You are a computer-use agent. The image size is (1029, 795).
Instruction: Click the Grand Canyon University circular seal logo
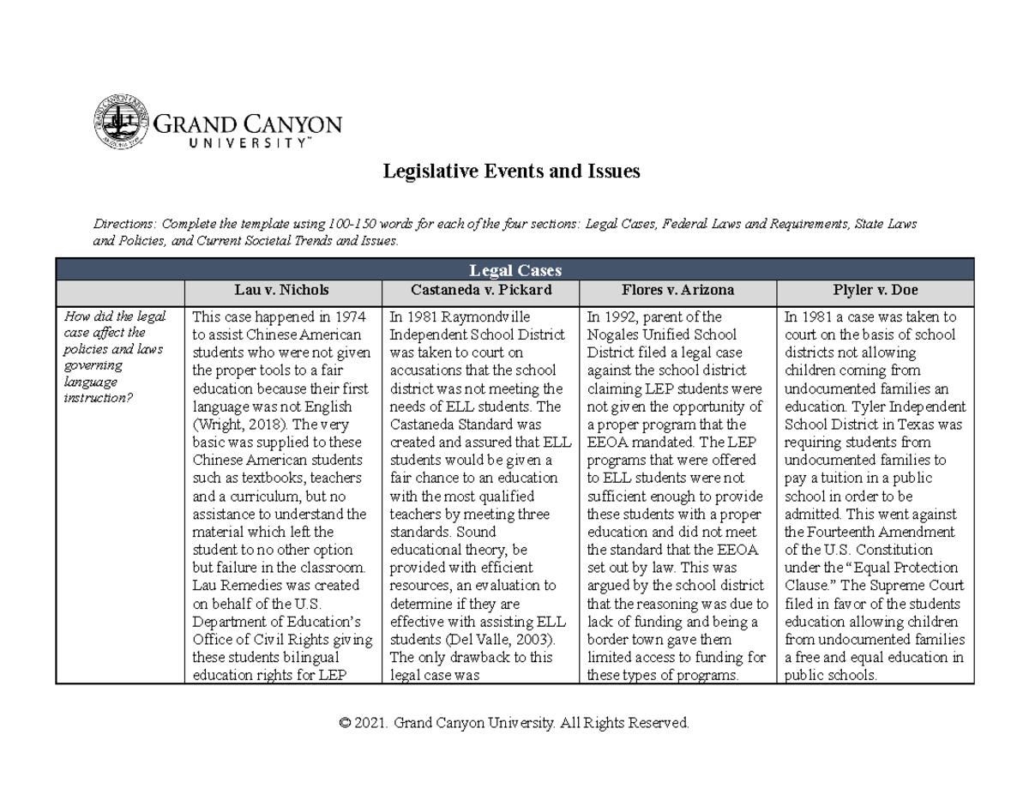(121, 122)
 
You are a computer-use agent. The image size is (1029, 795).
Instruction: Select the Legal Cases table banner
(514, 270)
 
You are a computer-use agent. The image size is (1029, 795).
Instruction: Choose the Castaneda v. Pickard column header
(481, 290)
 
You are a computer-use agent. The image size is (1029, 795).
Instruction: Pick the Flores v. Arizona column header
(677, 290)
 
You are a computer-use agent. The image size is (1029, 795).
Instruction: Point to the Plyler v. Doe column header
(875, 290)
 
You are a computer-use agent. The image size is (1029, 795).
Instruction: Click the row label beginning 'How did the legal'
(114, 316)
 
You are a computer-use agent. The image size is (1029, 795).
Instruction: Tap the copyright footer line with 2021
(514, 724)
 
